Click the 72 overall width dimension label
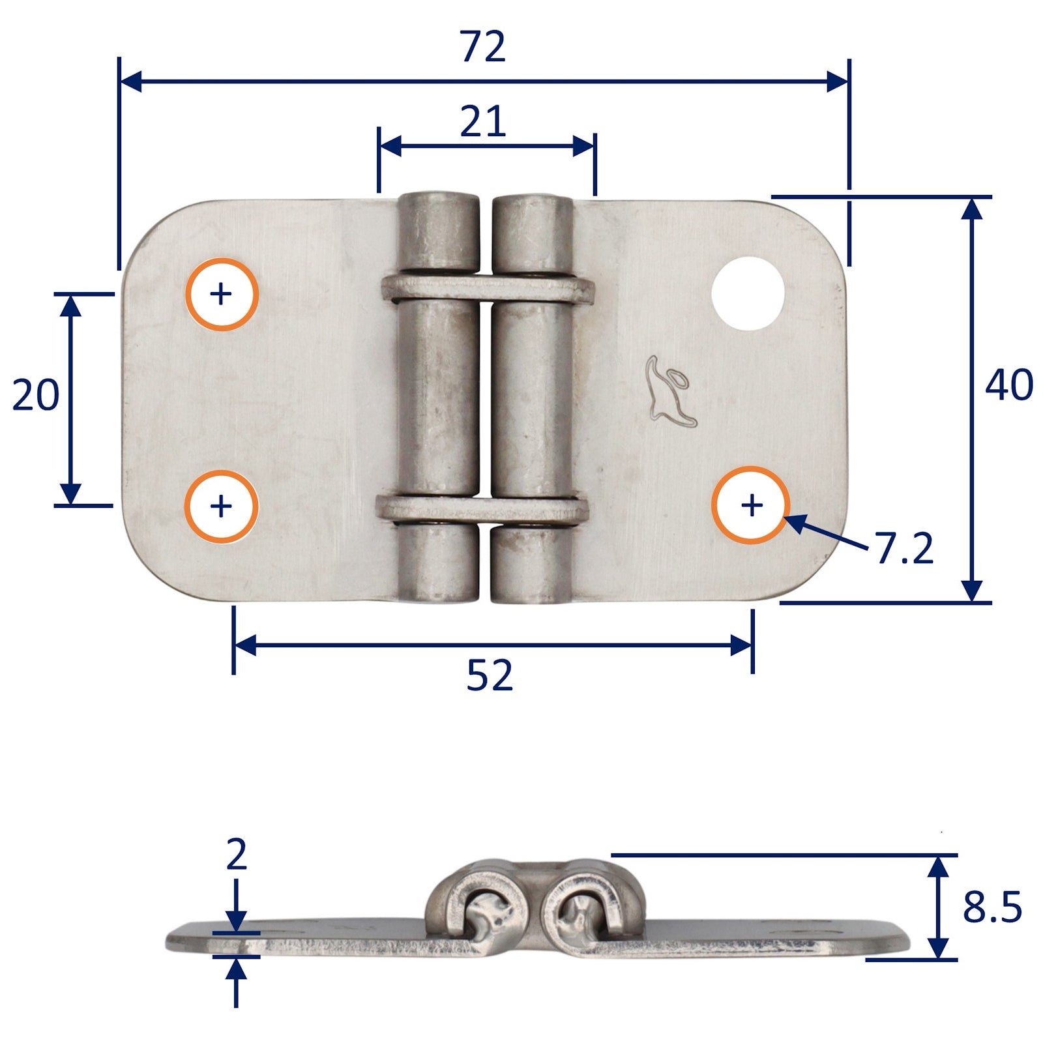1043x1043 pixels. click(x=483, y=47)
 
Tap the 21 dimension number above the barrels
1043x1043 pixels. click(x=483, y=121)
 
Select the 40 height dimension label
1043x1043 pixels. click(x=1008, y=385)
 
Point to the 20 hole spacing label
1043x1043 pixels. click(x=36, y=395)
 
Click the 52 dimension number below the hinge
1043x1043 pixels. click(x=490, y=675)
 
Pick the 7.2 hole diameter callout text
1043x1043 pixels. click(x=905, y=548)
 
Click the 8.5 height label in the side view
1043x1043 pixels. click(x=992, y=907)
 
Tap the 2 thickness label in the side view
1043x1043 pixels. click(x=237, y=855)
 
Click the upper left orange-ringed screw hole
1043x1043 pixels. click(x=222, y=294)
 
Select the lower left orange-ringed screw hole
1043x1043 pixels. click(x=222, y=506)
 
